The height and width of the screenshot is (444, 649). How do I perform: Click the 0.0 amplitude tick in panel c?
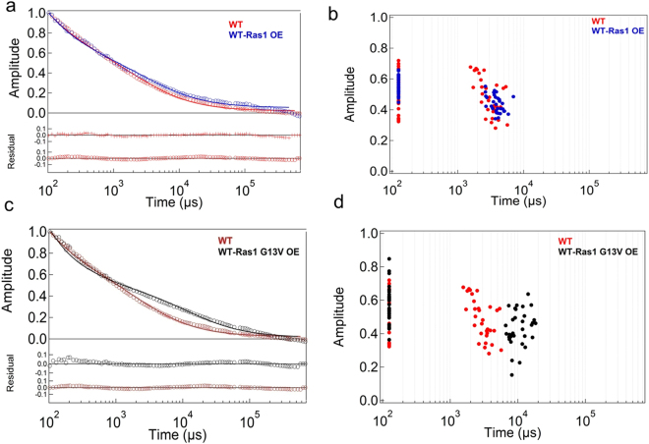32,339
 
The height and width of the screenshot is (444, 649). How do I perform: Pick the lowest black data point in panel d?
511,374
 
